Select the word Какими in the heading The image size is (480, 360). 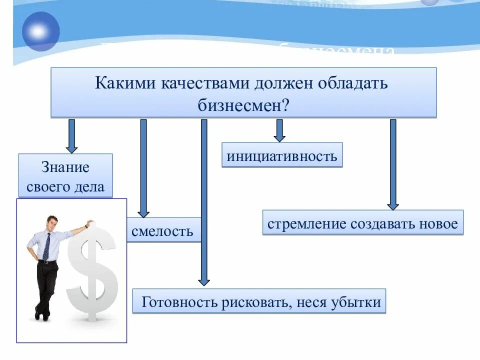pos(125,82)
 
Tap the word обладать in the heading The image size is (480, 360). pos(352,82)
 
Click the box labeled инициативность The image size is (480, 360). pos(282,155)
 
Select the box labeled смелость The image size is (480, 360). pos(162,230)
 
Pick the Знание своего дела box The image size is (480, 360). pos(65,175)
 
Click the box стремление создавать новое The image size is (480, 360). pos(362,223)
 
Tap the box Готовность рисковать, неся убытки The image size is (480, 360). pos(259,301)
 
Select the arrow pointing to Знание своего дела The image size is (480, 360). pos(72,135)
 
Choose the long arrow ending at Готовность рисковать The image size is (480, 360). pos(203,200)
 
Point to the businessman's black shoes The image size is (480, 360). pos(42,314)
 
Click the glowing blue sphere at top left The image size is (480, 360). pos(40,31)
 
